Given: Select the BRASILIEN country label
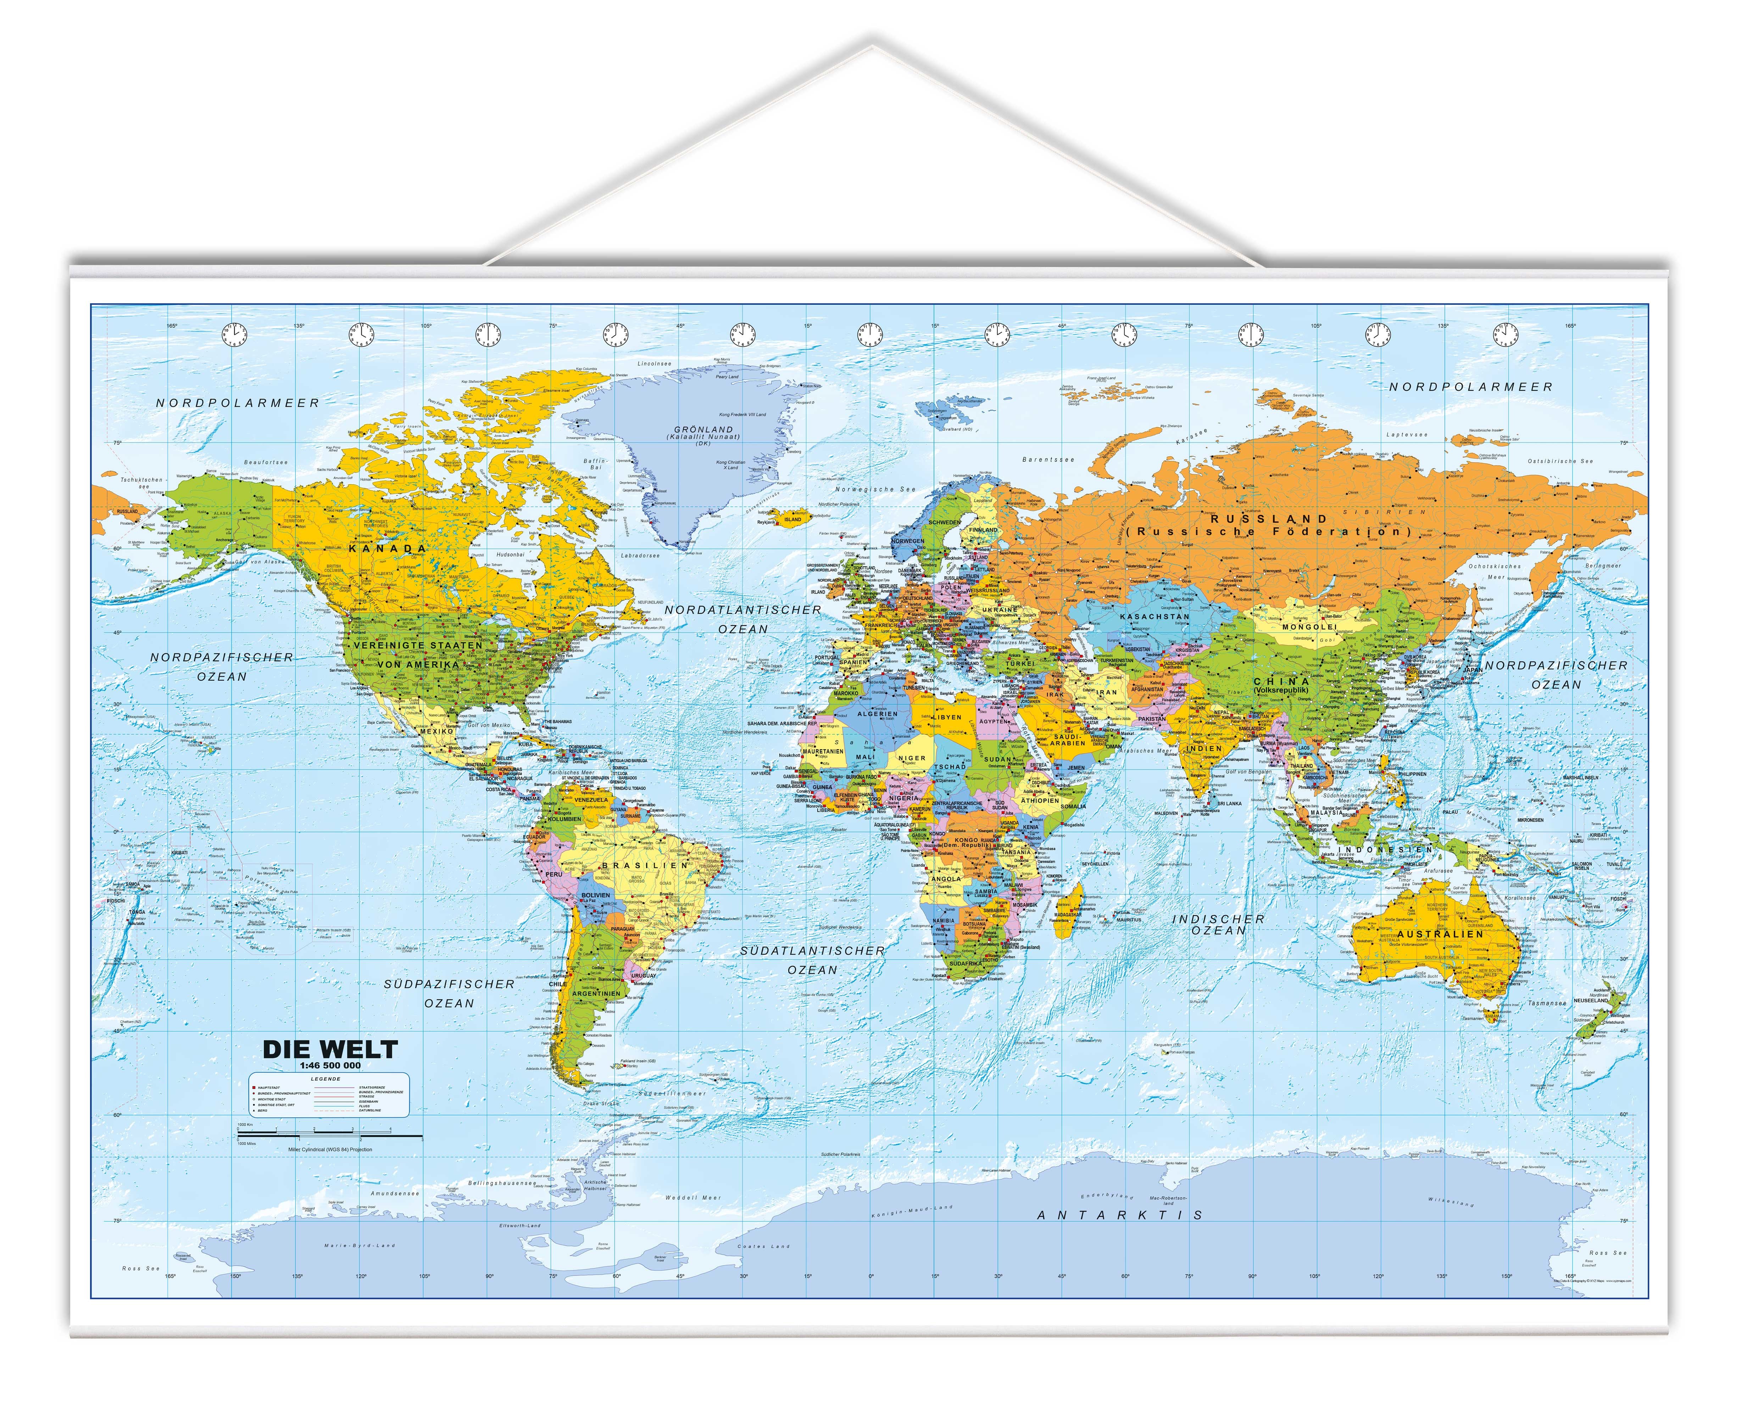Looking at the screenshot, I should [x=644, y=865].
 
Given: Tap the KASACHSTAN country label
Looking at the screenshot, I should [x=1154, y=616].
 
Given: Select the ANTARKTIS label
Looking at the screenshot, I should [x=1119, y=1215].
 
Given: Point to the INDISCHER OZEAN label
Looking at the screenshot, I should [x=1219, y=925].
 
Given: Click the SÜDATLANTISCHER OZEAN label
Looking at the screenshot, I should [x=812, y=960].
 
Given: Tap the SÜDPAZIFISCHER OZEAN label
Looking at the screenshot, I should [x=449, y=994].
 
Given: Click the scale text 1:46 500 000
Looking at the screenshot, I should [x=330, y=1066].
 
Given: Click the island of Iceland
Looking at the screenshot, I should [x=787, y=517].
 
